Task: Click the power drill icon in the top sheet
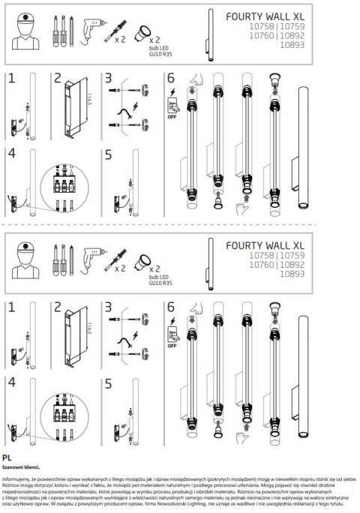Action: point(92,27)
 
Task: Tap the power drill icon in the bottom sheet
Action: point(92,259)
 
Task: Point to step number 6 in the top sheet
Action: point(170,78)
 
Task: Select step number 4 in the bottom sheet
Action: point(10,382)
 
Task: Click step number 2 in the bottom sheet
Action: point(57,307)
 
